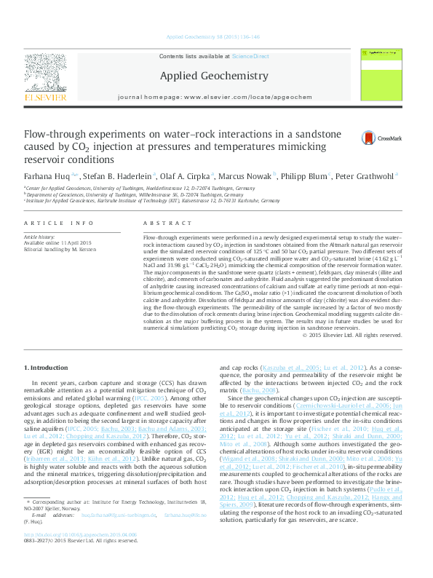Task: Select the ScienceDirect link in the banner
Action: pos(250,56)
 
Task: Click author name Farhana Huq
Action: pos(47,175)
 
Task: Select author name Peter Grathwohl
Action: pos(368,175)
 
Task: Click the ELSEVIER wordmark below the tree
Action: pos(45,97)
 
